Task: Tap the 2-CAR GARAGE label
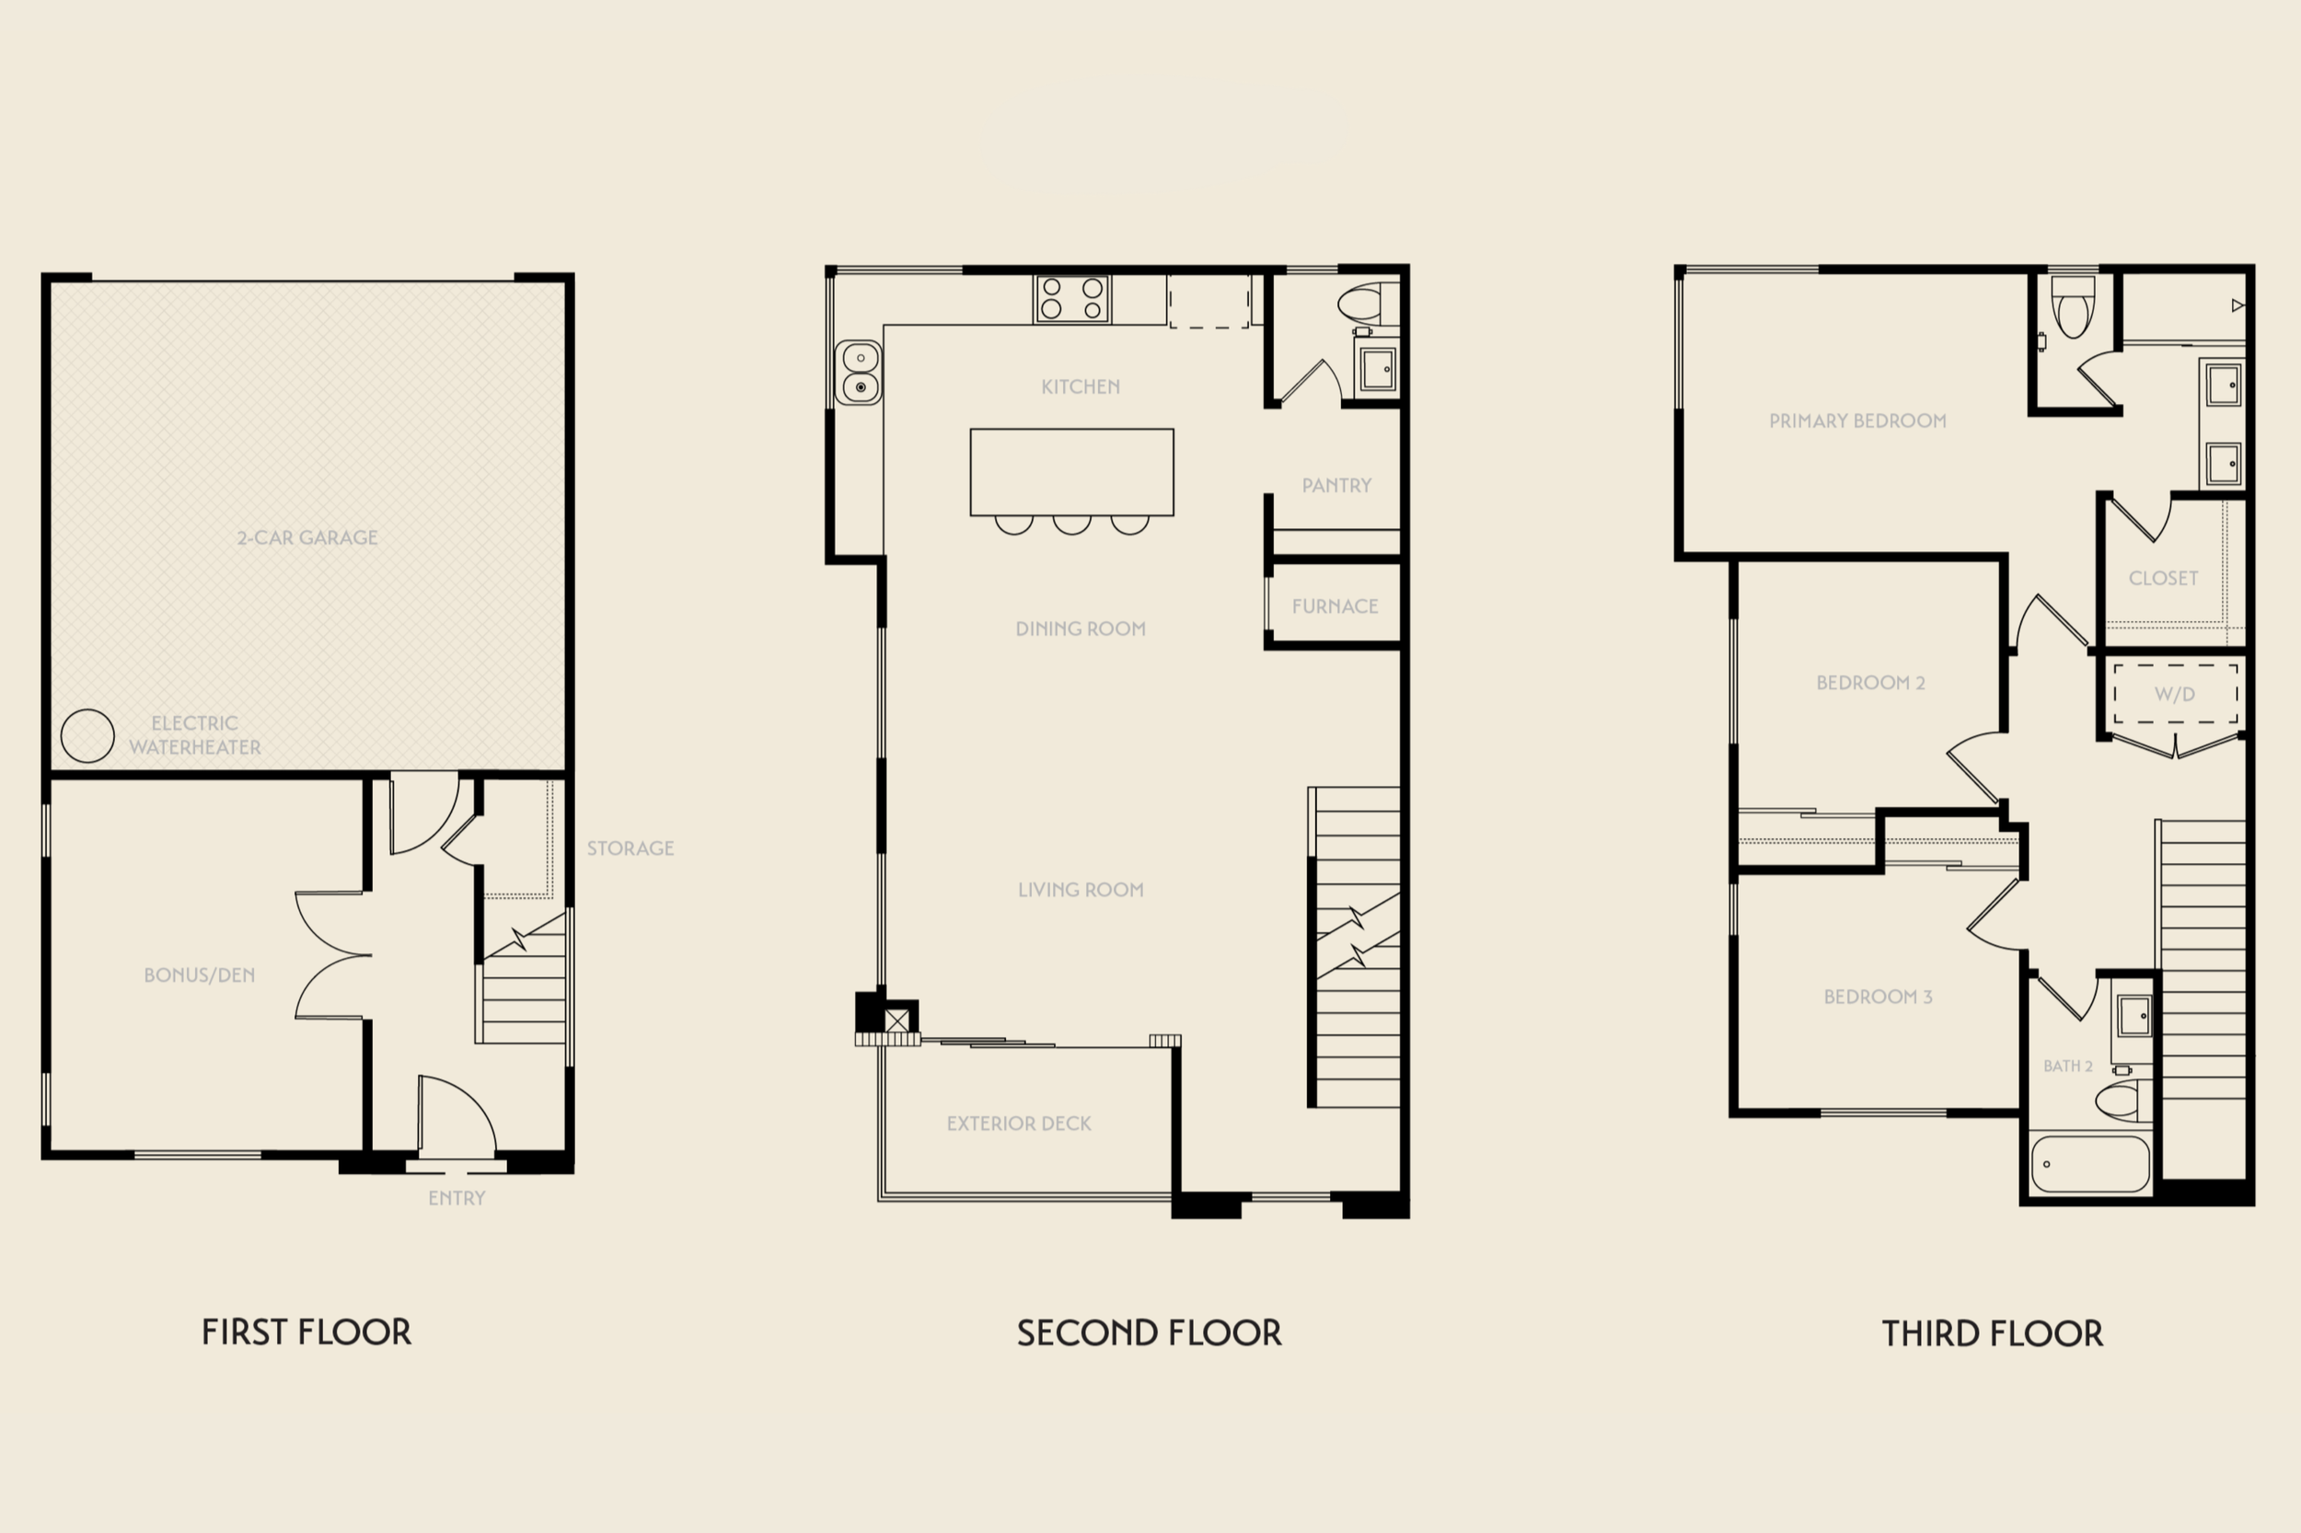tap(307, 537)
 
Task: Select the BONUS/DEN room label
tap(200, 974)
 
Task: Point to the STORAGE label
tap(630, 848)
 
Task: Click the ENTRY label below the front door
tap(457, 1199)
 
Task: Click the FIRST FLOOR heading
tap(306, 1332)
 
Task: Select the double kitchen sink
tap(859, 373)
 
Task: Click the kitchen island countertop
tap(1071, 472)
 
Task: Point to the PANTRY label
tap(1336, 486)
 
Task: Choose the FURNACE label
tap(1335, 606)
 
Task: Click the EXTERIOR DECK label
tap(1019, 1124)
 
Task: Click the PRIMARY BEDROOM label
tap(1858, 421)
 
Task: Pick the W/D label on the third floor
tap(2175, 694)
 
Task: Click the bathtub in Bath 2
tap(2091, 1164)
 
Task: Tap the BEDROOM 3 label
tap(1879, 997)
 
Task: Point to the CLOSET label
tap(2163, 579)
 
